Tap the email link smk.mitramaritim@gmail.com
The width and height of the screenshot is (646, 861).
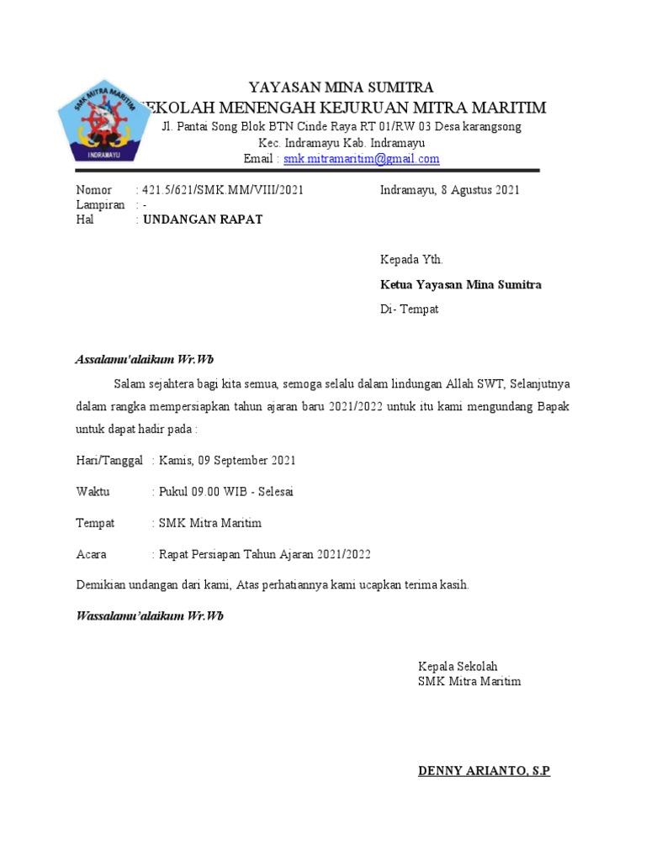tap(361, 159)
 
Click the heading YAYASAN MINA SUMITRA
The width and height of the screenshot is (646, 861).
tap(341, 87)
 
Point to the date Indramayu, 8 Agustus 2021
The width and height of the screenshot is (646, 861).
tap(449, 190)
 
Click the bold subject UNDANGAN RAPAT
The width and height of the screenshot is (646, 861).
tap(203, 219)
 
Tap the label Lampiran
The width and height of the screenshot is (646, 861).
tap(100, 205)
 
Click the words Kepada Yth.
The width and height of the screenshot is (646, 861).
tap(411, 260)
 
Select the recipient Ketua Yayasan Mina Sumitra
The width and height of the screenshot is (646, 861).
tap(460, 285)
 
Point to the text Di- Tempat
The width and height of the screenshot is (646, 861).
tap(409, 309)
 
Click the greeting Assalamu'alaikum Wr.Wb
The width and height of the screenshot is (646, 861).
tap(145, 360)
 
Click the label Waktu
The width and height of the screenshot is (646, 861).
tap(93, 492)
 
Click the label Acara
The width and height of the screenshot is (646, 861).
tap(91, 554)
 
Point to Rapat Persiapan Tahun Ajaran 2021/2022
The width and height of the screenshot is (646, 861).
tap(265, 554)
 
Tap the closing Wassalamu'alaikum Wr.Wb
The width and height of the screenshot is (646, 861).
tap(150, 616)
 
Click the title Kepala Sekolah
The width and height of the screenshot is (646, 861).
tap(458, 667)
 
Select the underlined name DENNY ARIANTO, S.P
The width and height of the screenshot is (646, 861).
tap(484, 771)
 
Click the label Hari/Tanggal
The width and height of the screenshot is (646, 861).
tap(109, 461)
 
